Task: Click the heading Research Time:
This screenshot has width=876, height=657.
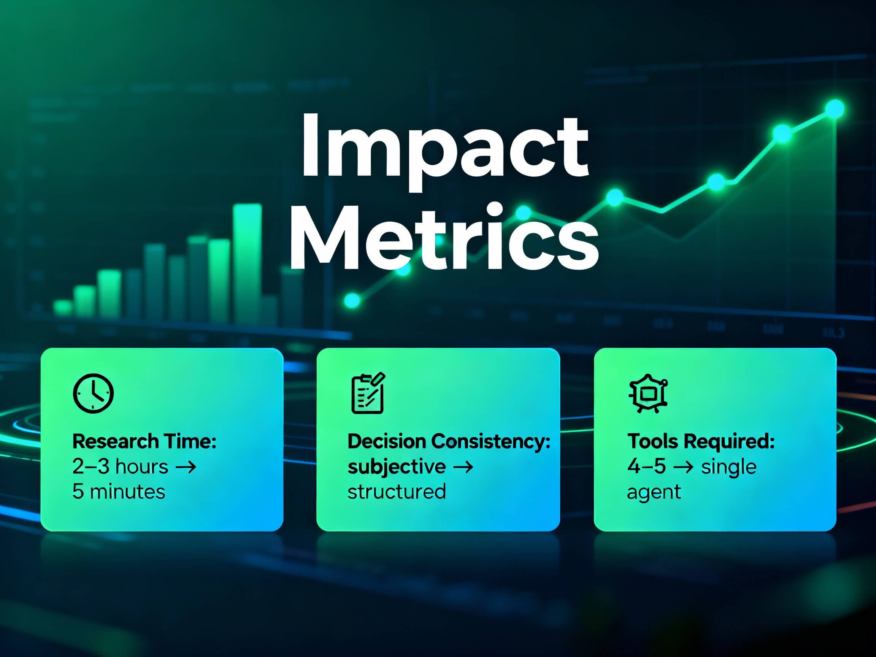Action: (144, 441)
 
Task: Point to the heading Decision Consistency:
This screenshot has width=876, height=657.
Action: (449, 441)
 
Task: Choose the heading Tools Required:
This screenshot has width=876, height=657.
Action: (701, 441)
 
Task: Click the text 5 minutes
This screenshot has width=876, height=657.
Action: (118, 492)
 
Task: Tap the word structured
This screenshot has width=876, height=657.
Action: (397, 492)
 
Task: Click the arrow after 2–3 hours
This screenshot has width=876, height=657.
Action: (186, 467)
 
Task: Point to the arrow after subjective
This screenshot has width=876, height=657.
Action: (463, 467)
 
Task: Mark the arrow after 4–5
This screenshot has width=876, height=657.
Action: (683, 467)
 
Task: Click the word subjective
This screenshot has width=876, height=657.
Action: (397, 467)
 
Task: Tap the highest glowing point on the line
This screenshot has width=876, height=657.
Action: (835, 109)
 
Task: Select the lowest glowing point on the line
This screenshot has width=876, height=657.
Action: (352, 300)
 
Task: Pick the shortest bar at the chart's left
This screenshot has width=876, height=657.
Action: (63, 308)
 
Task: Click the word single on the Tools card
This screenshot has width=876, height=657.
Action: (729, 467)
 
